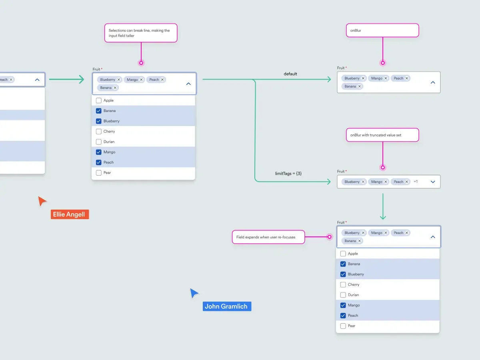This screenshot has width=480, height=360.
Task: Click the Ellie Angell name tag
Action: click(x=70, y=214)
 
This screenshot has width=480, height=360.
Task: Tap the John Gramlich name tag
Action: click(x=226, y=306)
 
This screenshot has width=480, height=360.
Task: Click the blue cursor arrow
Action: click(x=194, y=293)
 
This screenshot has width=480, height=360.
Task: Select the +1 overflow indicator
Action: click(x=416, y=182)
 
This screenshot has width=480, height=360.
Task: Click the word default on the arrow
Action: click(x=290, y=74)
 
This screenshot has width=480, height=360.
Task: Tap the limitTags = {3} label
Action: click(x=288, y=173)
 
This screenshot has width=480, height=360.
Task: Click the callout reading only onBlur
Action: click(x=382, y=30)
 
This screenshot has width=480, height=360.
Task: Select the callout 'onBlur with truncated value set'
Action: click(x=382, y=135)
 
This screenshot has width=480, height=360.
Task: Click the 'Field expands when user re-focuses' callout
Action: click(x=268, y=237)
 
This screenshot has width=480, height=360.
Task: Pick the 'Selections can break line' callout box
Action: click(x=141, y=33)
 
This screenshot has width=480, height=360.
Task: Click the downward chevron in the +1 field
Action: click(x=432, y=182)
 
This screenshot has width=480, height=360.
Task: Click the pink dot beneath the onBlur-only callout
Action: click(x=383, y=63)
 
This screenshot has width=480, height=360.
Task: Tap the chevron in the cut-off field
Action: click(x=37, y=80)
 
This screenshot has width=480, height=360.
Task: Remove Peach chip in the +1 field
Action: click(x=407, y=182)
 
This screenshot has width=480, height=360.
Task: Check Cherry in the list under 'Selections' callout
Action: click(x=99, y=131)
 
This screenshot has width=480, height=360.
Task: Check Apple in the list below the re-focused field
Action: click(x=343, y=254)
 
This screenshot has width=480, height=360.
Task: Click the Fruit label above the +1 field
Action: click(x=341, y=171)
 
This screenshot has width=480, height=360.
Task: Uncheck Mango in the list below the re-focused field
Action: click(x=343, y=305)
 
